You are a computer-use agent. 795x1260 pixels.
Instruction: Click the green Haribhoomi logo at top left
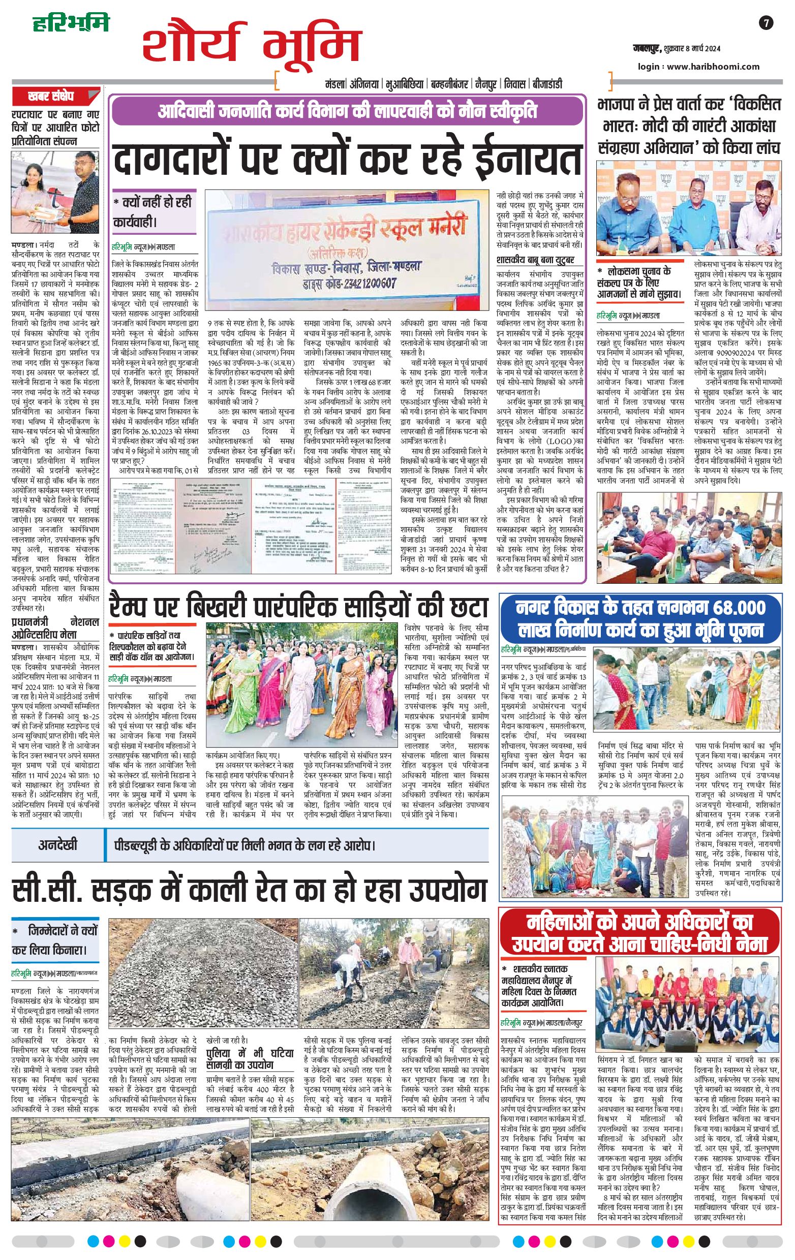point(71,23)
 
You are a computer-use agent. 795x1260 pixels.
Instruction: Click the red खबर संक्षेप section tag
point(51,97)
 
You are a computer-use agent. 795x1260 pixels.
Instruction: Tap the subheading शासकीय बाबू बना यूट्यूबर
point(535,260)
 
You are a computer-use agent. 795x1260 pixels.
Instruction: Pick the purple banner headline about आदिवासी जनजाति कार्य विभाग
point(347,111)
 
